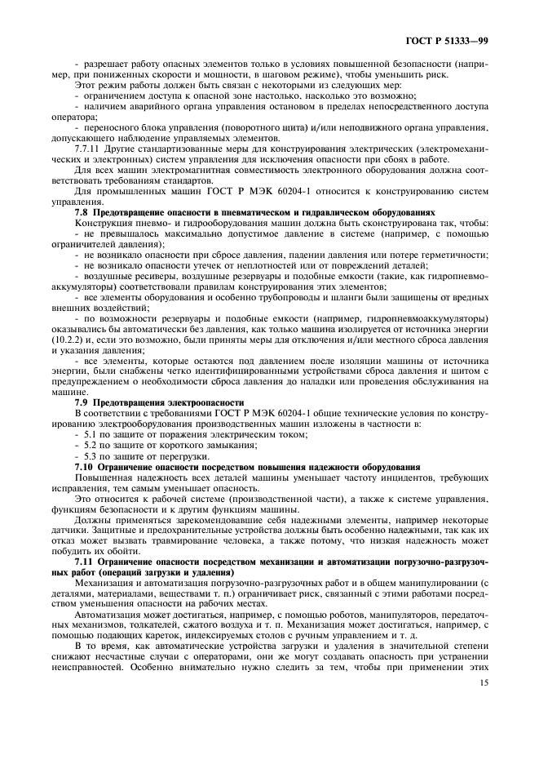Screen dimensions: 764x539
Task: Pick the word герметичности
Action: click(450, 254)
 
